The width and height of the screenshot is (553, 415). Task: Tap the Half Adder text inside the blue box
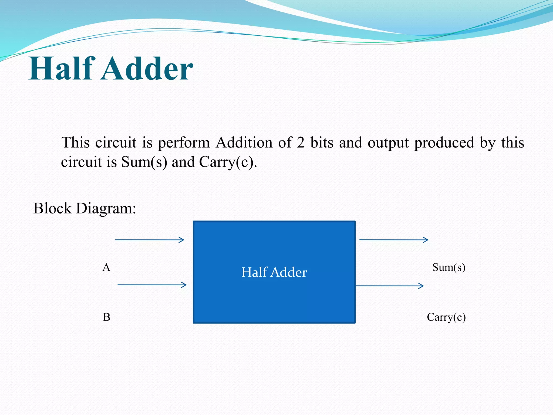coord(274,272)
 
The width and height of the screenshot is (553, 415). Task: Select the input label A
coord(106,267)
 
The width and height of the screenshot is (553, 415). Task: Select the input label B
coord(107,317)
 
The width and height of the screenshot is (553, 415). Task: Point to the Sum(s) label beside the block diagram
coord(449,267)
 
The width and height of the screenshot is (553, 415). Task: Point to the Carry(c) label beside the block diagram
coord(446,317)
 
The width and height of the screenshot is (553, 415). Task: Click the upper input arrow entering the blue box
coord(150,240)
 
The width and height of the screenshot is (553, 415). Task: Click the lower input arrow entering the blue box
coord(152,285)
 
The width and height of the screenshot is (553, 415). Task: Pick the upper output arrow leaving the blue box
coord(394,240)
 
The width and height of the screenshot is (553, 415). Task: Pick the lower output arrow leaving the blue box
coord(390,286)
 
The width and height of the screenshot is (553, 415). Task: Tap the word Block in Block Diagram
coord(52,208)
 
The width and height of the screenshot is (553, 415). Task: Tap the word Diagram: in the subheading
coord(106,209)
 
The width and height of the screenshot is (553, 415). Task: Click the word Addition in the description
coord(244,142)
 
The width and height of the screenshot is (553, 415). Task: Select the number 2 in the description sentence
coord(301,142)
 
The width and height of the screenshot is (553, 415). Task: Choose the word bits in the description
coord(322,142)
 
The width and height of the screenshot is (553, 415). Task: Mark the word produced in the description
coord(444,143)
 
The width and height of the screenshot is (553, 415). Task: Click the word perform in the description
coord(184,143)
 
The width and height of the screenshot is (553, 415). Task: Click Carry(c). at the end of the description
coord(228,162)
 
